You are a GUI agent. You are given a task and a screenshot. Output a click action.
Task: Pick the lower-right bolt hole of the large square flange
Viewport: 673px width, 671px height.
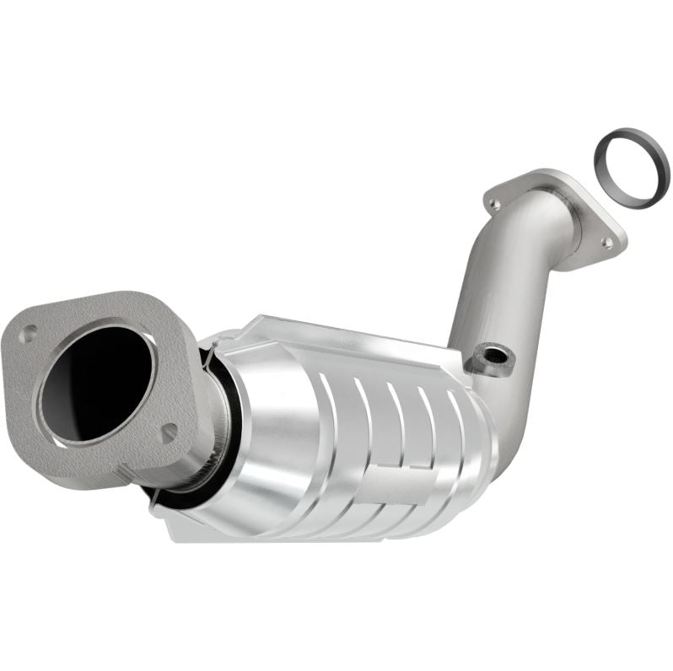[x=169, y=433]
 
